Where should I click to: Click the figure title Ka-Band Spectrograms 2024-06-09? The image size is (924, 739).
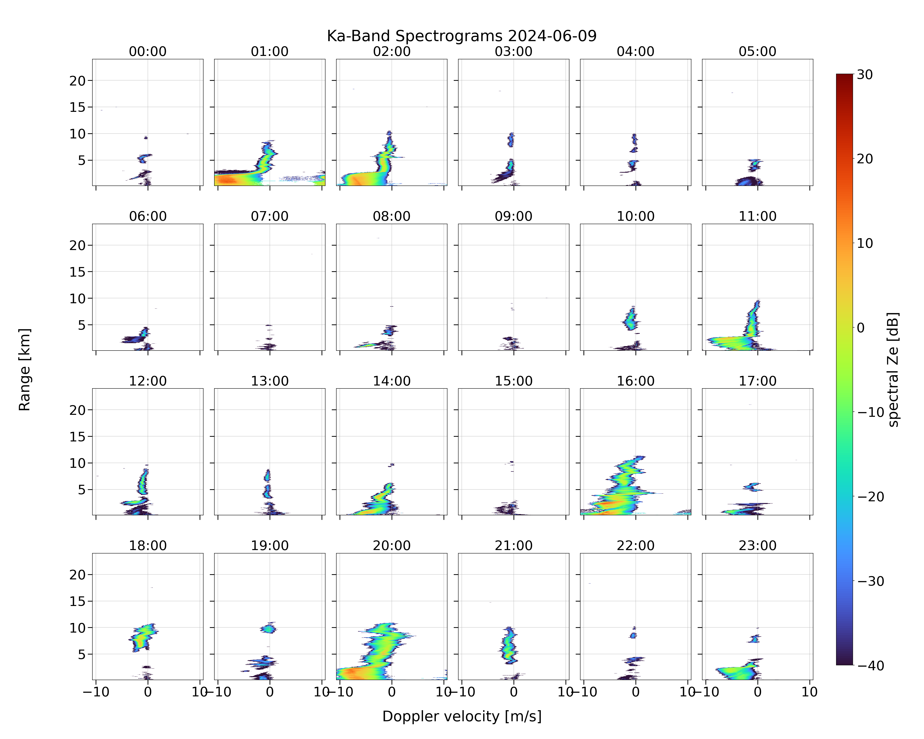point(462,36)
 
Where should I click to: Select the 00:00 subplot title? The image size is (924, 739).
point(148,51)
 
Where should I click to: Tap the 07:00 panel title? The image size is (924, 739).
point(270,216)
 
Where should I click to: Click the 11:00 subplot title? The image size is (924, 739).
point(757,216)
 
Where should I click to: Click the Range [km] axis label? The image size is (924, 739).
point(25,369)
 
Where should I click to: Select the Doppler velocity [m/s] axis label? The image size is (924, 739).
point(462,716)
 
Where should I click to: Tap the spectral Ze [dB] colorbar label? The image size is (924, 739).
point(893,369)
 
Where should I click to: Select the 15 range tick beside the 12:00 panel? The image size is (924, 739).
point(78,437)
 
